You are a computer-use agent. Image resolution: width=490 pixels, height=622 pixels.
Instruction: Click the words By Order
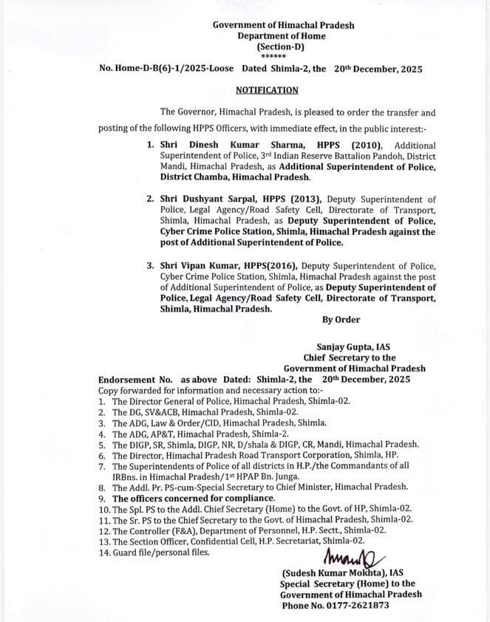(x=341, y=320)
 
